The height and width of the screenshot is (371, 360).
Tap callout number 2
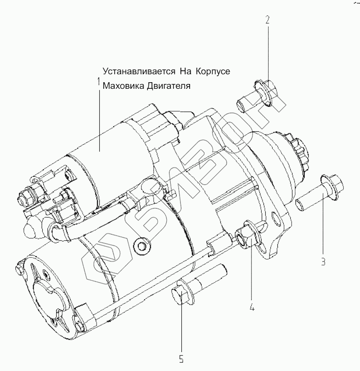267,19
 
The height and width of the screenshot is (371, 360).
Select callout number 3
323,262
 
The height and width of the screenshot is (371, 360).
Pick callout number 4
252,307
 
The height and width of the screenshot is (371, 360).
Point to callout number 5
181,359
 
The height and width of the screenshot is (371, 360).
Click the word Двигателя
169,85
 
